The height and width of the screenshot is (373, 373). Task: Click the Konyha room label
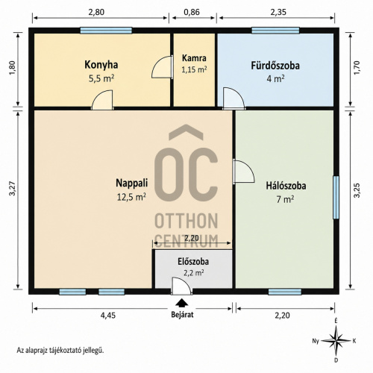(x=101, y=65)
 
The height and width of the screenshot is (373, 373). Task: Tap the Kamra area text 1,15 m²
(x=194, y=69)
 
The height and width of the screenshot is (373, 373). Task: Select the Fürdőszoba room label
(x=275, y=66)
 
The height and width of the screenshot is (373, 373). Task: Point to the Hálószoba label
(x=286, y=186)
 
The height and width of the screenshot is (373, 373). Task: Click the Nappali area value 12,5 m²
(x=131, y=197)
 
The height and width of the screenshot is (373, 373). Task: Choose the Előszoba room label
(x=193, y=262)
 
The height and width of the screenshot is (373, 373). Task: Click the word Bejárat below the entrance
(x=182, y=315)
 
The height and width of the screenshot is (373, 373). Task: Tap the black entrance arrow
(x=182, y=302)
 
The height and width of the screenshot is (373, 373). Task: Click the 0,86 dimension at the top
(x=192, y=12)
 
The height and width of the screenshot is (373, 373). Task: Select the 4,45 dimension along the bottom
(x=108, y=316)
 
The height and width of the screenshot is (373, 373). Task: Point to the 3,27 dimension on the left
(x=12, y=189)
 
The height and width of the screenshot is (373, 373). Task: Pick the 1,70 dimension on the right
(x=357, y=67)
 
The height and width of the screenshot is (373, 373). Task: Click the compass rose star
(x=336, y=341)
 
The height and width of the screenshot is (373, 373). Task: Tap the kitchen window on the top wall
(x=106, y=31)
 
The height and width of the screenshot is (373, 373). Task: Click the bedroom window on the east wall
(x=336, y=198)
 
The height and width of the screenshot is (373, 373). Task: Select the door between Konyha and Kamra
(x=163, y=67)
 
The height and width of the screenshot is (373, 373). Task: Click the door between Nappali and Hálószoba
(x=244, y=172)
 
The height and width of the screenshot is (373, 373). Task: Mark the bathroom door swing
(x=233, y=98)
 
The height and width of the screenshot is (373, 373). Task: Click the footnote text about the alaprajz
(x=60, y=351)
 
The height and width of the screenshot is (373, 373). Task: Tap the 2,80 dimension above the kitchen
(x=96, y=12)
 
